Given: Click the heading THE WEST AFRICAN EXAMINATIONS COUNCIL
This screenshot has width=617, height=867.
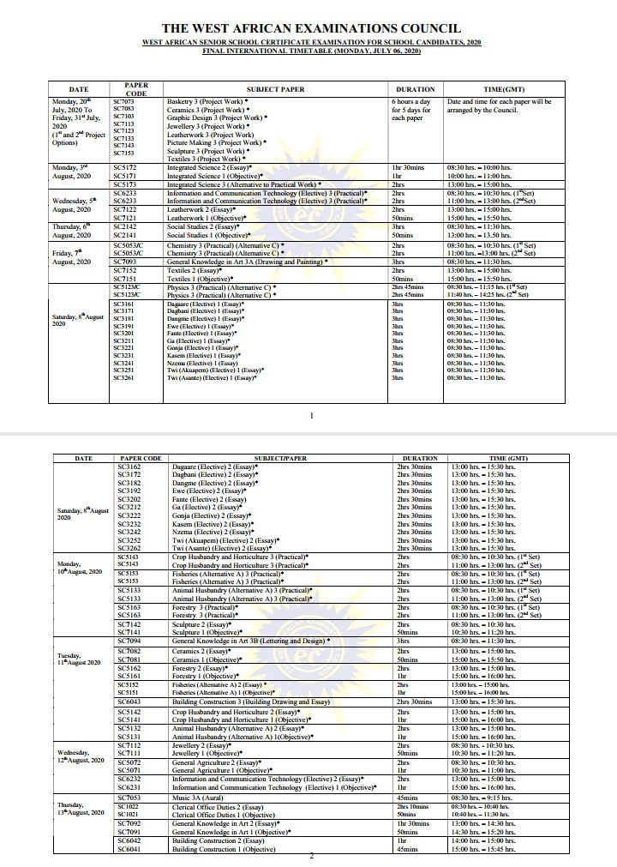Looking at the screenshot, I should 311,28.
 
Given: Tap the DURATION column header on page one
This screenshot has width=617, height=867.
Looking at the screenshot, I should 416,89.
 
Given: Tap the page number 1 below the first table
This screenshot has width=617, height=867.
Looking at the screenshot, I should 311,416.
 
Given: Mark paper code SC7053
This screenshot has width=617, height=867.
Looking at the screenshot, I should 129,798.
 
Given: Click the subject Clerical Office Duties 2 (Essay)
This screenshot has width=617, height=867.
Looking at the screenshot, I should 219,807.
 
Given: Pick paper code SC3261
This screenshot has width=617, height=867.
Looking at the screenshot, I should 123,377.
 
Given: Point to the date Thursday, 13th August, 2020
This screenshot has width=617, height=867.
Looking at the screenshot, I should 82,810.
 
